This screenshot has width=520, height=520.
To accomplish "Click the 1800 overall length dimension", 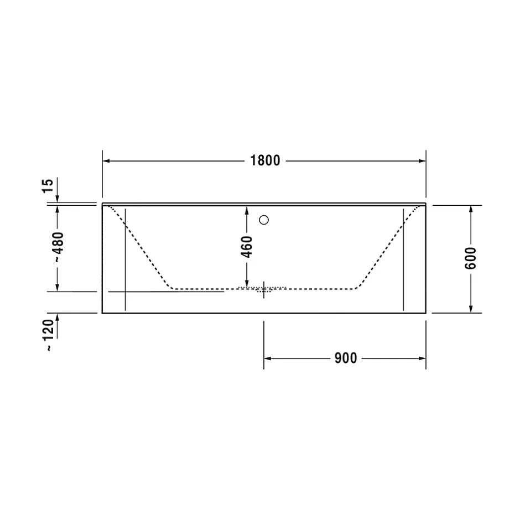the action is [x=265, y=160].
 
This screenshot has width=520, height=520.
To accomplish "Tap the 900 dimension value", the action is [x=346, y=358].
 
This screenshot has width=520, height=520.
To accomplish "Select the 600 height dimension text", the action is [x=470, y=258].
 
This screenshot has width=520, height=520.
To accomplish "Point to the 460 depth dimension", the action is [x=247, y=247].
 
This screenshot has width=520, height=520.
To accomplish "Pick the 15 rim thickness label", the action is [x=48, y=186].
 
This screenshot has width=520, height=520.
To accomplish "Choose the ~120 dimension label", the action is [x=49, y=335].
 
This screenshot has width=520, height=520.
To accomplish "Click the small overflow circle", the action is [x=264, y=220].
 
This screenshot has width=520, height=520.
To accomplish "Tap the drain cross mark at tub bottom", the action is [x=264, y=289].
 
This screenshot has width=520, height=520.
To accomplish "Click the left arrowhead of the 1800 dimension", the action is [x=106, y=161].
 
